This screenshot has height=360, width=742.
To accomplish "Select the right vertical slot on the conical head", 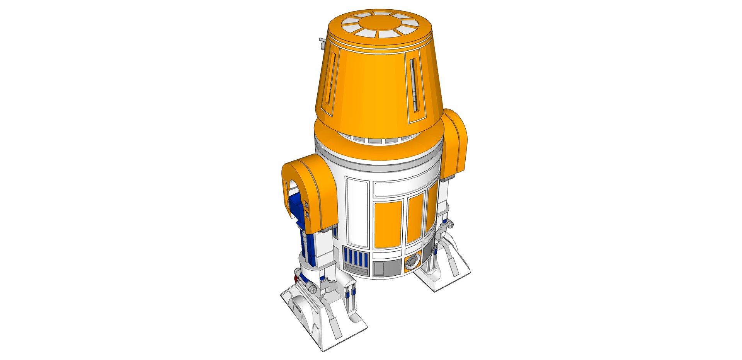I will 414,84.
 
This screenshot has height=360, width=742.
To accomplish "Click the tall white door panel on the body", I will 357,212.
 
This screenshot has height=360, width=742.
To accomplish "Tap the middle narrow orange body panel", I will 415,218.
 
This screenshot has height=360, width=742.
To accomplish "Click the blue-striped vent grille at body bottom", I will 356,257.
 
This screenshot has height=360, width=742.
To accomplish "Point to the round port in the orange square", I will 412,261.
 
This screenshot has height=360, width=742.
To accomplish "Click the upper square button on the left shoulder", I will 306,204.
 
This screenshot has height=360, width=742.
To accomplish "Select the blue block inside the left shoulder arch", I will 297,209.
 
